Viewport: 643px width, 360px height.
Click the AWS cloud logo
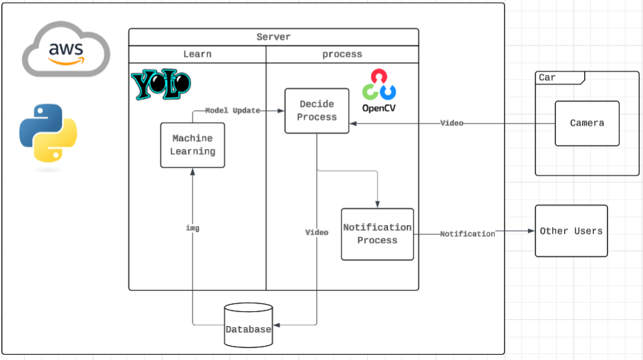tap(66, 49)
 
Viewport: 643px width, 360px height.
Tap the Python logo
tap(48, 133)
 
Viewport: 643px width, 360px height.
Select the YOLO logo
tap(160, 84)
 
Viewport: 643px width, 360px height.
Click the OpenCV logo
tap(379, 91)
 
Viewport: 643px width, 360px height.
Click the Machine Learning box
tap(192, 145)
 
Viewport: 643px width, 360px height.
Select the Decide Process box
tap(317, 111)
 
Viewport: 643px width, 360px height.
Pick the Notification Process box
tap(377, 234)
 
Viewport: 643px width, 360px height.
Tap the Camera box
tap(587, 124)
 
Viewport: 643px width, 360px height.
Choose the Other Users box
tap(571, 231)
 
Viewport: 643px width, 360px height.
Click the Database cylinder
tap(249, 325)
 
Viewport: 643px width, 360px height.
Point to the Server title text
tap(273, 37)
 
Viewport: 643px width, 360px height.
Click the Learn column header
tap(197, 54)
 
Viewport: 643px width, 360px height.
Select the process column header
tap(342, 54)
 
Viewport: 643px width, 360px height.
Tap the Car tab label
tap(547, 77)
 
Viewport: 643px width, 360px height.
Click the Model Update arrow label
tap(233, 111)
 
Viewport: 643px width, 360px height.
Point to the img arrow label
tap(192, 228)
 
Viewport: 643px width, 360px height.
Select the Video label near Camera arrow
tap(451, 123)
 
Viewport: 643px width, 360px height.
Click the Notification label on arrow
tap(467, 234)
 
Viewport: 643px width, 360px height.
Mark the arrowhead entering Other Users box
tap(531, 231)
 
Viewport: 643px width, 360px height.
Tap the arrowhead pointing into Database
tap(277, 325)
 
